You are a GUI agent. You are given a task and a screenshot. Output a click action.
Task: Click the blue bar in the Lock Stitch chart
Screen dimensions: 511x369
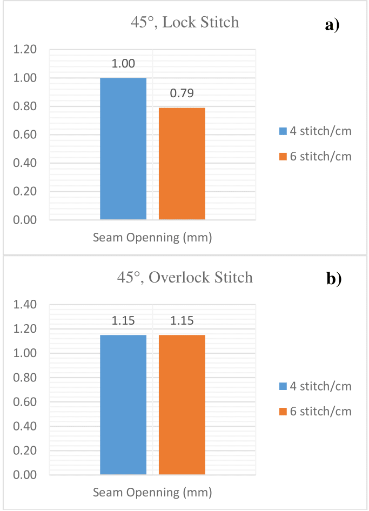[123, 149]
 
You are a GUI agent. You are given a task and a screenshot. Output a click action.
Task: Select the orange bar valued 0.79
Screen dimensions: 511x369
[182, 164]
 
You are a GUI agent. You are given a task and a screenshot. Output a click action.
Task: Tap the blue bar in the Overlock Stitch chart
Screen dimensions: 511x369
[123, 405]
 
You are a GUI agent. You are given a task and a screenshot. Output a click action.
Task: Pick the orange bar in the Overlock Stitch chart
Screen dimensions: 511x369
[182, 405]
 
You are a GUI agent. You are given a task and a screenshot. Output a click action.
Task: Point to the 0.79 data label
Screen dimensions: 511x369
[182, 94]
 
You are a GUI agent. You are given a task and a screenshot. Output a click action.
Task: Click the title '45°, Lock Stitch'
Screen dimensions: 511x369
[185, 23]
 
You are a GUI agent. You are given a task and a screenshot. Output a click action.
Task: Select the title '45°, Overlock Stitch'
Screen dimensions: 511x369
[185, 278]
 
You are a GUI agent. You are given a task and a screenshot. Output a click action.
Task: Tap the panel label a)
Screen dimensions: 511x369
[332, 25]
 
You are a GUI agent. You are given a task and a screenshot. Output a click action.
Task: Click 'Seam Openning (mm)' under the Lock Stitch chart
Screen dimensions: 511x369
[152, 238]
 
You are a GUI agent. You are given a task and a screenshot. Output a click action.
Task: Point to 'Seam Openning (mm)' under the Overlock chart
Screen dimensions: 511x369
[152, 493]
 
